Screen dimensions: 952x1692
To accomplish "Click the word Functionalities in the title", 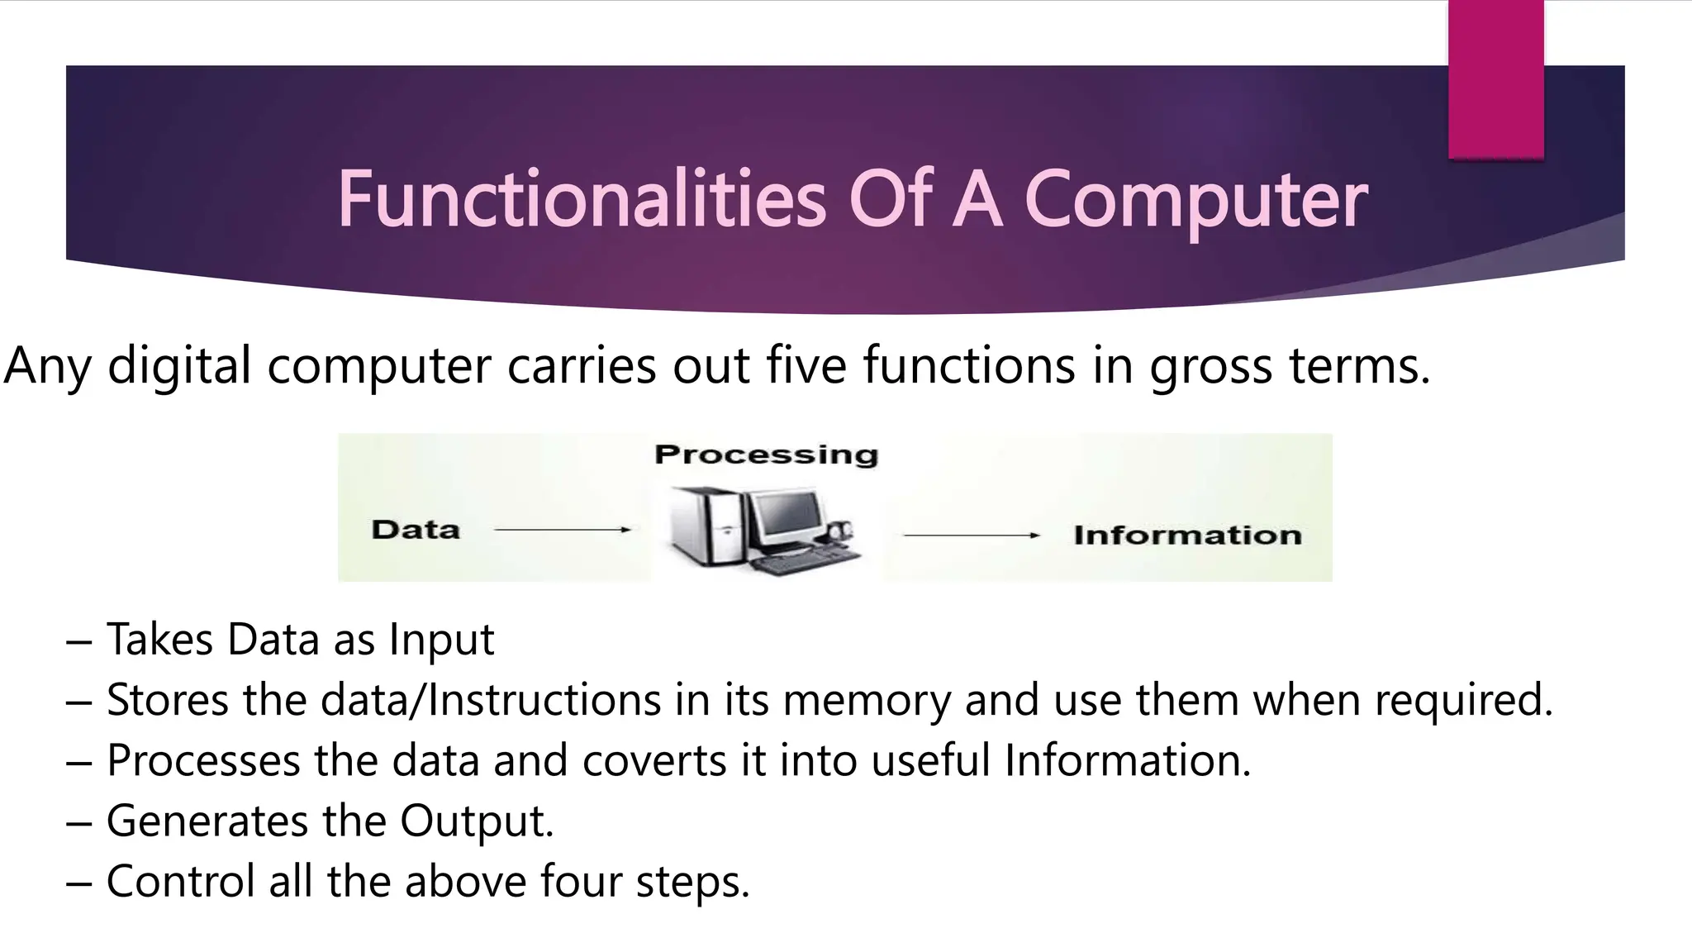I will tap(581, 199).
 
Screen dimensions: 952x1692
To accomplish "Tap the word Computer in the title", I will tap(1195, 201).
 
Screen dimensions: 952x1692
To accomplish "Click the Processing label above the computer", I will tap(766, 455).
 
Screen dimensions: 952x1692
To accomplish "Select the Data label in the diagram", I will tap(416, 530).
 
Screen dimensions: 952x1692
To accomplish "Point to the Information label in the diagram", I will tap(1187, 535).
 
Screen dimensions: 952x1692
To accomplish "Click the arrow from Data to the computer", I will tap(562, 530).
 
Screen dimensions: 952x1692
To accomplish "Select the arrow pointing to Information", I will tap(971, 535).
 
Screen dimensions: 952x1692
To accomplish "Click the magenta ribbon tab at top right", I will tap(1495, 79).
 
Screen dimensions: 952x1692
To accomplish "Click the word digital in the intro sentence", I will tap(179, 365).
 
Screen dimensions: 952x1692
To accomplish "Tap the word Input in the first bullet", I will tap(441, 640).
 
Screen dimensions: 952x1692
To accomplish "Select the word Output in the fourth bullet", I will tap(477, 821).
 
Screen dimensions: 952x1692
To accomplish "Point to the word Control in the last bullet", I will tap(181, 881).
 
